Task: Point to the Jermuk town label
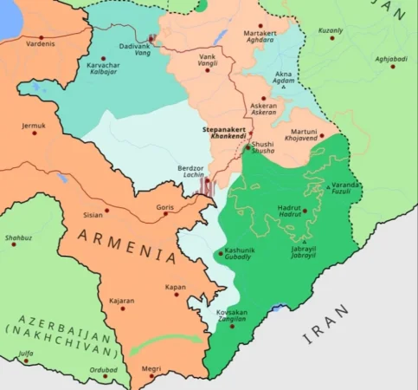click(34, 125)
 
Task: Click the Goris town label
click(164, 208)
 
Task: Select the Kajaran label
click(122, 301)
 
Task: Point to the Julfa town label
click(26, 354)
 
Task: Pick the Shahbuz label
click(18, 237)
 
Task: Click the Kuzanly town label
click(331, 30)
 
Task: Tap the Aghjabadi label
click(391, 58)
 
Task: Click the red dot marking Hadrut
click(304, 211)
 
